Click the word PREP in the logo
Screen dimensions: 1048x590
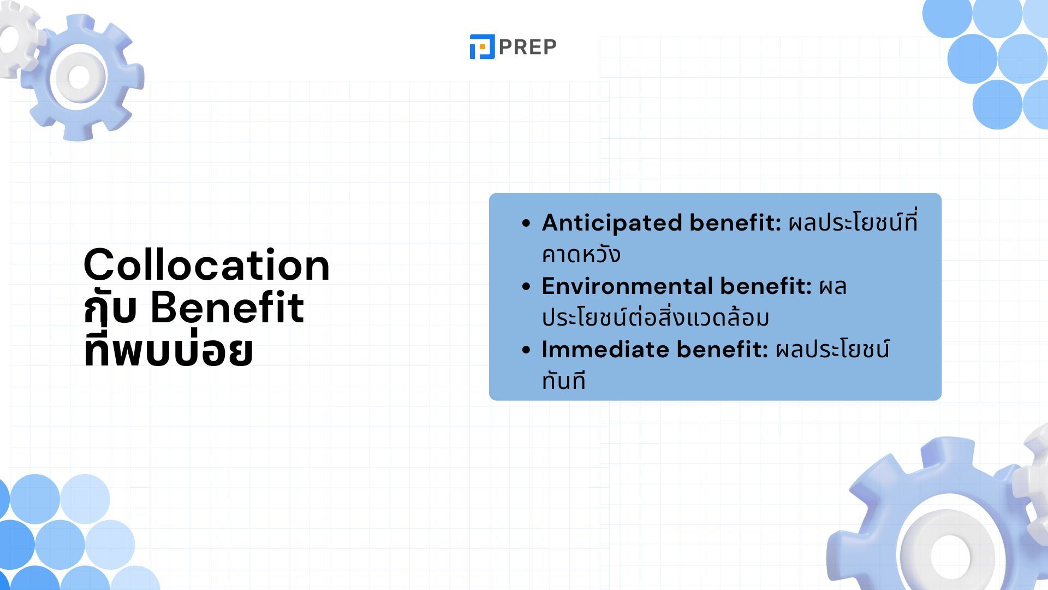[x=527, y=47]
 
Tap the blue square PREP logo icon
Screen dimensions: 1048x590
[x=482, y=46]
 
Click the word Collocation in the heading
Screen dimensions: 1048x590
[x=207, y=265]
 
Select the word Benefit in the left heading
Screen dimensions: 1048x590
[x=227, y=308]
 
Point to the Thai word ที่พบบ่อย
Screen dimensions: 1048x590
[x=168, y=350]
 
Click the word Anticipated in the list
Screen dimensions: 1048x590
[x=612, y=223]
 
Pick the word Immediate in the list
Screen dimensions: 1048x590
[x=597, y=350]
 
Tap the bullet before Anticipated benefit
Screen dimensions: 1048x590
[x=526, y=223]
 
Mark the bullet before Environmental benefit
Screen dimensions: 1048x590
[x=526, y=286]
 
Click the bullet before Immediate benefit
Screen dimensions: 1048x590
[x=526, y=350]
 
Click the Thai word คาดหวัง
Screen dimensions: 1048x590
[x=581, y=255]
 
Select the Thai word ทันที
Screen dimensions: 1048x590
[x=563, y=380]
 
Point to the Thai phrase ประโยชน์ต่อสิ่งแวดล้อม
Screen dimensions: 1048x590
[x=655, y=317]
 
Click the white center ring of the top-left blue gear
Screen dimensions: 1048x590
[x=79, y=77]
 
